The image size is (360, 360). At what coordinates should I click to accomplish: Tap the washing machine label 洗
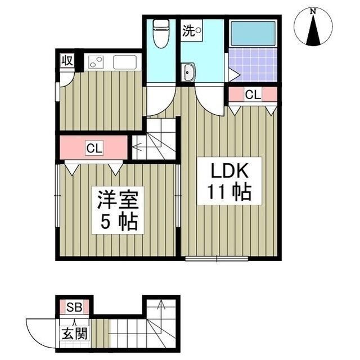pos(187,31)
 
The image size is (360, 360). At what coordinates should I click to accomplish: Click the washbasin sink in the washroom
pos(190,71)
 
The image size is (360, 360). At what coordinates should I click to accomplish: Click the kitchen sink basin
pos(126,62)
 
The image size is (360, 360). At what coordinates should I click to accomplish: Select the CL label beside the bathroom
pos(253,95)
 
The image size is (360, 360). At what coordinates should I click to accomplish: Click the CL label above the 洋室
pos(93,148)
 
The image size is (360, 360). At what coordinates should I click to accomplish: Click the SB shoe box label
pos(74,307)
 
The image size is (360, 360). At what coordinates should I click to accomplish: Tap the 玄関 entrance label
pos(74,333)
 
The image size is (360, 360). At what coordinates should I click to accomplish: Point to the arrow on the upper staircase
pos(137,148)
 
